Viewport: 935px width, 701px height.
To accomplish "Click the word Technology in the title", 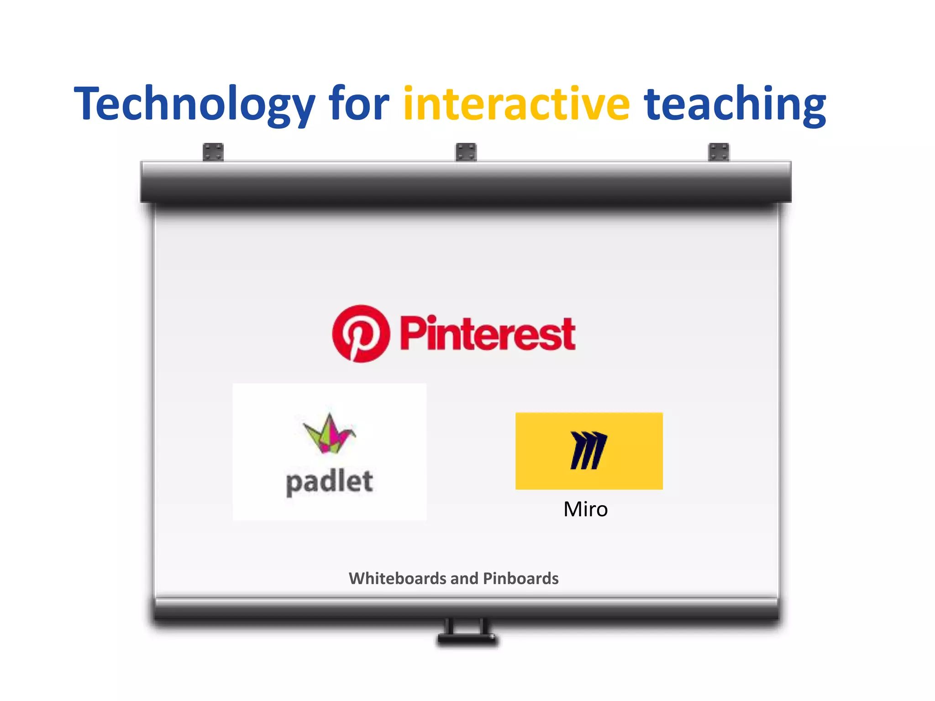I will point(194,104).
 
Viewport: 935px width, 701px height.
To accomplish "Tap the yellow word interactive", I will point(516,104).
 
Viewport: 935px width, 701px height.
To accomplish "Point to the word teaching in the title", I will point(735,104).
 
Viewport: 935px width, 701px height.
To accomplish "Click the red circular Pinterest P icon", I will point(361,334).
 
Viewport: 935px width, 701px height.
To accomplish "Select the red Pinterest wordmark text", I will point(488,334).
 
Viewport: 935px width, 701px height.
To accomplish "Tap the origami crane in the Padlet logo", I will point(329,434).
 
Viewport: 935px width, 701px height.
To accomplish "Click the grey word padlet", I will point(329,482).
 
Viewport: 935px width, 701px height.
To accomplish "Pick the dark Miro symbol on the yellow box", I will point(588,450).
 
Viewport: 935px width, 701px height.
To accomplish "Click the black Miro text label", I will point(585,509).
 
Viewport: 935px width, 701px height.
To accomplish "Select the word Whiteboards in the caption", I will point(397,578).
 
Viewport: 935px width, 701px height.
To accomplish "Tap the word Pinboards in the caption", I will point(520,578).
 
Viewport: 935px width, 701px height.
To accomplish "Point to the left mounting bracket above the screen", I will point(213,152).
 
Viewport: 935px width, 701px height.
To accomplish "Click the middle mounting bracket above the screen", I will point(466,152).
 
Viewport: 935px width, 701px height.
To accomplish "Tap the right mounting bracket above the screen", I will point(719,152).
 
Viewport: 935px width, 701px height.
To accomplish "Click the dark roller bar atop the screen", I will point(466,183).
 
